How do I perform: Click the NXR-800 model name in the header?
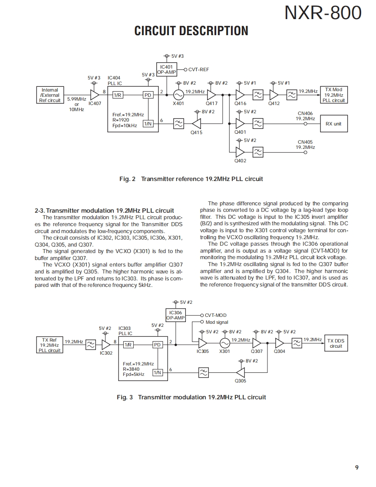click(x=323, y=13)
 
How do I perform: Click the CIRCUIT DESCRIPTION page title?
click(x=191, y=31)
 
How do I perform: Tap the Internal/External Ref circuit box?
click(x=50, y=95)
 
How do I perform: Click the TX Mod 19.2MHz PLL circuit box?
click(x=333, y=95)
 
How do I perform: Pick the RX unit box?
click(x=333, y=124)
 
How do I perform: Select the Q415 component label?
click(x=196, y=132)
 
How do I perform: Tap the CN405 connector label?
click(x=305, y=142)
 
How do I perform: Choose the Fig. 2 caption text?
click(x=191, y=179)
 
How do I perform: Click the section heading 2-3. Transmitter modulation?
click(x=104, y=211)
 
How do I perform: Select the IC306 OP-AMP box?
click(x=175, y=315)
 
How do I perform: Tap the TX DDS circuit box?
click(x=336, y=343)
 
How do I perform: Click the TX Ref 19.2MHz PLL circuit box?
click(x=49, y=345)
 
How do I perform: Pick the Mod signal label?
click(x=217, y=322)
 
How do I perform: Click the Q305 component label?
click(x=240, y=381)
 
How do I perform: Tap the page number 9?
click(x=356, y=467)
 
